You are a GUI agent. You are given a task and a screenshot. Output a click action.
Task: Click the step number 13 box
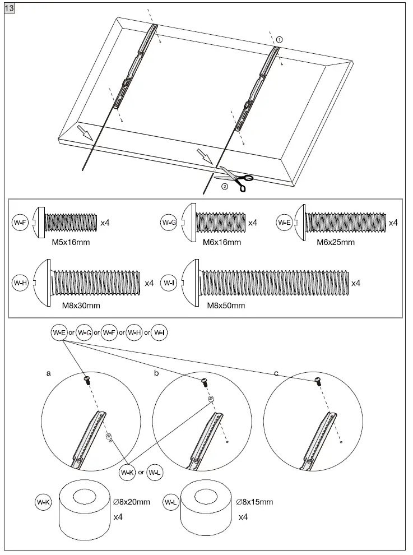(10, 10)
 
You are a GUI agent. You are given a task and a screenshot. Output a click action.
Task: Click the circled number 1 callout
(280, 39)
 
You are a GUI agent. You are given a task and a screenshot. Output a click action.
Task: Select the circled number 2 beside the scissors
(225, 187)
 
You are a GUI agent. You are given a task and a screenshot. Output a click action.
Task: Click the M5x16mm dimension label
(67, 242)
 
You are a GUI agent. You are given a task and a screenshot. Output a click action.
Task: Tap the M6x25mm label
(336, 242)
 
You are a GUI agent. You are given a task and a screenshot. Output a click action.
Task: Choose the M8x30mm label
(81, 306)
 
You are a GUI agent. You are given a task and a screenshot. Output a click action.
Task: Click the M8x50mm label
(226, 306)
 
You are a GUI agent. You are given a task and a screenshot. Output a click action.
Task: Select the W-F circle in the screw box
(20, 223)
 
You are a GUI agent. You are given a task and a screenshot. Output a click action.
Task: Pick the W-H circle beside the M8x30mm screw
(20, 283)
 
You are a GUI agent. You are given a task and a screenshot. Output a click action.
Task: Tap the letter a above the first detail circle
(48, 372)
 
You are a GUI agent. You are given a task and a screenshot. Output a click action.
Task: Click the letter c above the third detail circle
(275, 372)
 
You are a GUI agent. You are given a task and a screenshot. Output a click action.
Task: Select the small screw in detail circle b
(203, 382)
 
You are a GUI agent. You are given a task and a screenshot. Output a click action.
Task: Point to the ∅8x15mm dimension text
(254, 502)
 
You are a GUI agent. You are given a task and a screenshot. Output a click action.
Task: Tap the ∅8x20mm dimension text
(132, 502)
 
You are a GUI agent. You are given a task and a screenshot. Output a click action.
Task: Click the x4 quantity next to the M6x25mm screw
(393, 223)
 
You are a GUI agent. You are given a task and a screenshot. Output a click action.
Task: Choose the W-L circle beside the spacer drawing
(171, 502)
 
